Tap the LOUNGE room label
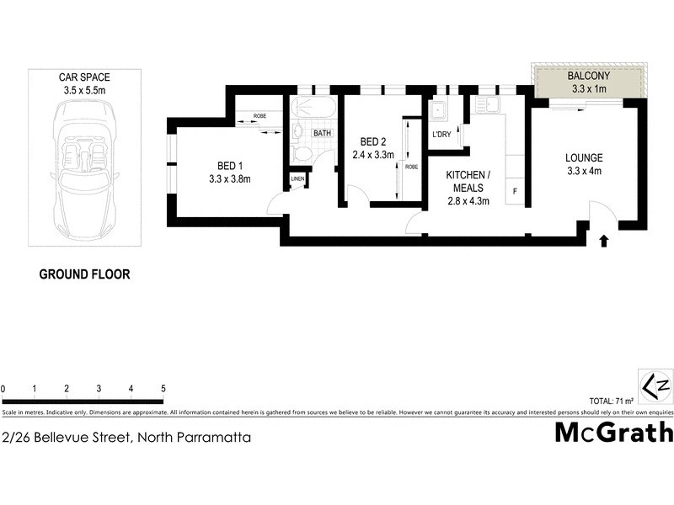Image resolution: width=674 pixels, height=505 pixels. tap(584, 157)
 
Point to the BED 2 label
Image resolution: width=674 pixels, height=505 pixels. tap(373, 141)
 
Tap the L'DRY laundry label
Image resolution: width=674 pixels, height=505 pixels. tap(441, 135)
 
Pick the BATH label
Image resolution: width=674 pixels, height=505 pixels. tap(322, 133)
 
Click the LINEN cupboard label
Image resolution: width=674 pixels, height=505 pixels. tap(297, 179)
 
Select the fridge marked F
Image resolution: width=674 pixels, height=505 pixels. tap(515, 192)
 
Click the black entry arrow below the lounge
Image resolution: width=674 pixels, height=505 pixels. tap(603, 242)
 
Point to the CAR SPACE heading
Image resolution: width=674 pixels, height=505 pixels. tap(83, 76)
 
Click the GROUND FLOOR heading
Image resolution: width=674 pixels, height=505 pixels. tap(85, 274)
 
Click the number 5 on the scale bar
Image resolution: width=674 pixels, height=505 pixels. tap(163, 389)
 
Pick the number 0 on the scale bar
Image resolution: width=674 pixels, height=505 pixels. tap(3, 389)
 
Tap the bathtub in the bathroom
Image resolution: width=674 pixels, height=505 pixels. tap(313, 109)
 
